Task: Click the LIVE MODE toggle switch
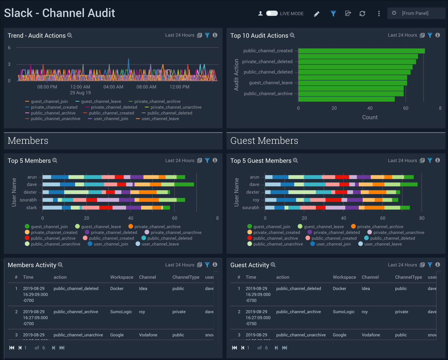click(271, 13)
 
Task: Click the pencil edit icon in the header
click(316, 14)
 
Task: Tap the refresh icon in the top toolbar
click(362, 14)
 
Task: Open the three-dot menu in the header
click(379, 14)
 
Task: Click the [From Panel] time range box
click(416, 13)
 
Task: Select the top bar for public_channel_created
click(361, 51)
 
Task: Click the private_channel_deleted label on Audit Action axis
click(267, 62)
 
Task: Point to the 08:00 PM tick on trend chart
click(47, 87)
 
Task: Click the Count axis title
click(370, 117)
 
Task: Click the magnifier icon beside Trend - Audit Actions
click(70, 36)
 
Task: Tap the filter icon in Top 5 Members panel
click(207, 161)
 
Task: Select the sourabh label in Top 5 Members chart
click(28, 200)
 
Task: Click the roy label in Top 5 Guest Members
click(256, 200)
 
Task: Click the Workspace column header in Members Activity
click(121, 277)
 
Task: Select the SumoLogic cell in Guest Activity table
click(344, 312)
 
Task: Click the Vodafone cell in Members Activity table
click(148, 335)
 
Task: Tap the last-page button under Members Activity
click(62, 348)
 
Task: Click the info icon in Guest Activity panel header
click(437, 265)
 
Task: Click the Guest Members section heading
click(264, 141)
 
